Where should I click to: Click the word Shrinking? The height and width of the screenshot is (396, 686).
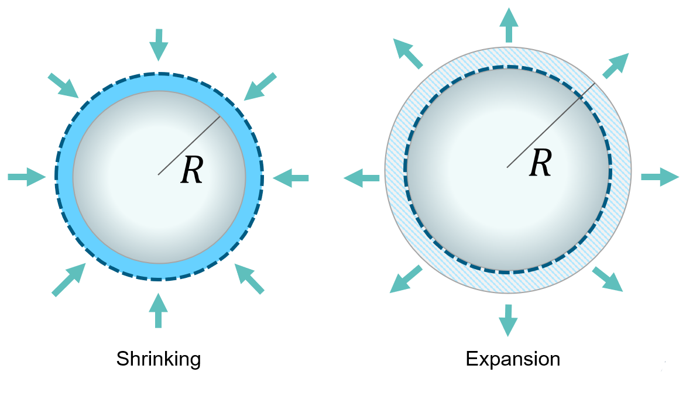[158, 359]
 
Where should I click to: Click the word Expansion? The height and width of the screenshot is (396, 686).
[513, 359]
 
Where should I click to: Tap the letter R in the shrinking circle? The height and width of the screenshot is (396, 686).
[192, 171]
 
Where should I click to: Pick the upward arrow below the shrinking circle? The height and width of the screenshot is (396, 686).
[157, 310]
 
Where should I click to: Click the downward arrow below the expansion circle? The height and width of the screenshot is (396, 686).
[507, 319]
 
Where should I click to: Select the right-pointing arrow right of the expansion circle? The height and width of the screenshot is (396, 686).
[660, 177]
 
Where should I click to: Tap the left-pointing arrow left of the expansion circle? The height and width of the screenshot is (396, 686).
[362, 177]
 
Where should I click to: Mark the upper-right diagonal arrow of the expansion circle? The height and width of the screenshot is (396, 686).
[616, 65]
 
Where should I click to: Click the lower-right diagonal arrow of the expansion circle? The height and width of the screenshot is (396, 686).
[608, 279]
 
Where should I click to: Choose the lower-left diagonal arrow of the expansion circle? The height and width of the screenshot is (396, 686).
[405, 279]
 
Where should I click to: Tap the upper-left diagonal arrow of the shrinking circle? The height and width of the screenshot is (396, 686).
[63, 85]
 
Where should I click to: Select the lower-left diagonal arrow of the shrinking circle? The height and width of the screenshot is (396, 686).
[68, 280]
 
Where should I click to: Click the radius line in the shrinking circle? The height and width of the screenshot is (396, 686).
[188, 145]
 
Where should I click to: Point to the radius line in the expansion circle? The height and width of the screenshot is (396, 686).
[550, 125]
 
